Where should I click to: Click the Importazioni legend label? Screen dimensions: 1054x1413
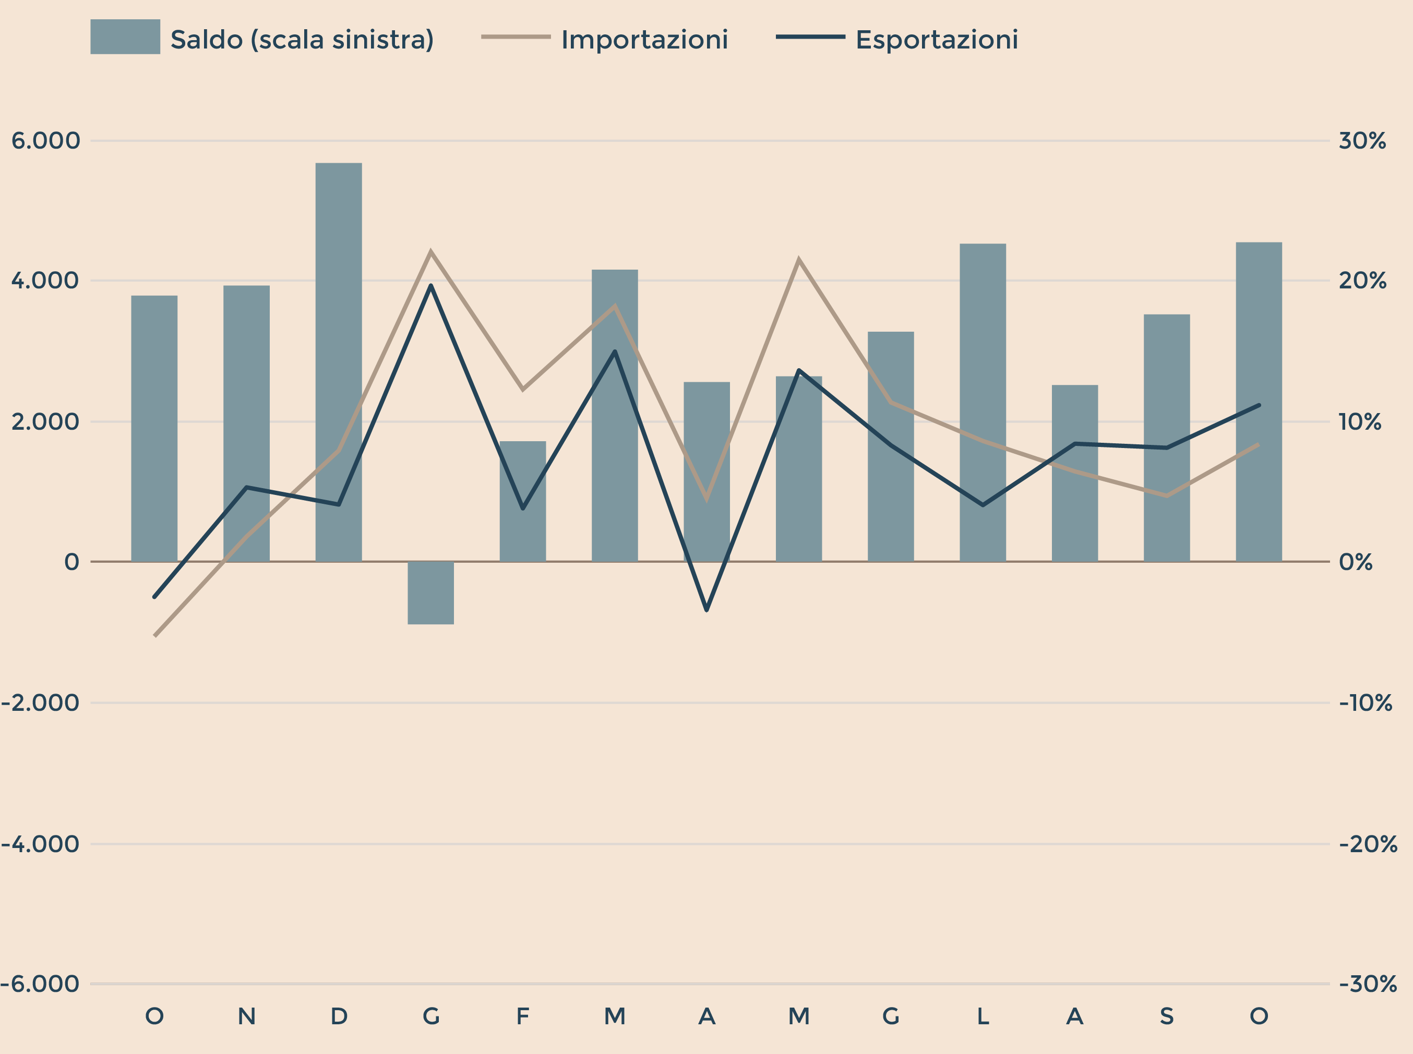point(644,40)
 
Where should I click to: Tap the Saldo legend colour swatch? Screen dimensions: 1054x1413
point(125,37)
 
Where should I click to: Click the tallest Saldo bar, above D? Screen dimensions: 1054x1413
point(338,362)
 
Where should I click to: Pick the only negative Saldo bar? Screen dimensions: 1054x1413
point(431,593)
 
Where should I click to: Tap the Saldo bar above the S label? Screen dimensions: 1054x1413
point(1166,438)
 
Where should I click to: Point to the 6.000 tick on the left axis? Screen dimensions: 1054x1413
point(45,140)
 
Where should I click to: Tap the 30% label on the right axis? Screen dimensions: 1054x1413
point(1362,140)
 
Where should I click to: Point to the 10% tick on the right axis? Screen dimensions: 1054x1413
point(1359,422)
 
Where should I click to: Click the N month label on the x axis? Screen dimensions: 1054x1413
point(246,1016)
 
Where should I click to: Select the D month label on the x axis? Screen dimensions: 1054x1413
point(338,1016)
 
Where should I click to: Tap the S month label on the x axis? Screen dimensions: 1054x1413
point(1166,1016)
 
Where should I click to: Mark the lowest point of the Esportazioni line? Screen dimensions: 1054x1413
point(706,611)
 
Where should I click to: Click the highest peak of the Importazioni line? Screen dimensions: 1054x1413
point(431,251)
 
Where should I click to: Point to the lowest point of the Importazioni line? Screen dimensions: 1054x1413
point(155,635)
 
